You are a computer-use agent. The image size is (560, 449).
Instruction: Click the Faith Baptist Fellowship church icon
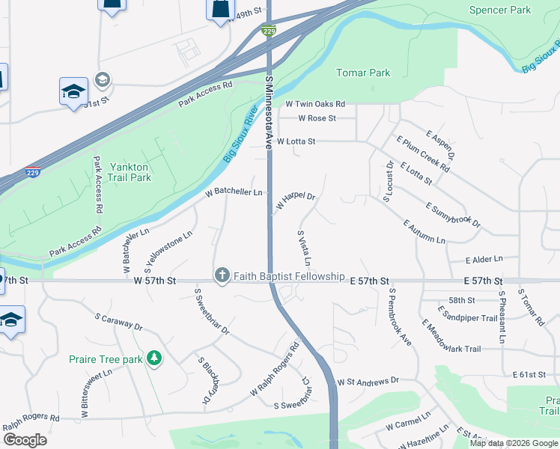coord(222,276)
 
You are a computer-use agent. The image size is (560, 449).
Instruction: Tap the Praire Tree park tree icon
coord(154,359)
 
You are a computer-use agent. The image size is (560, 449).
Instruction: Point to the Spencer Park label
coord(499,10)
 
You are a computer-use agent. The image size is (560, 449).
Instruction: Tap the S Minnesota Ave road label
coord(269,112)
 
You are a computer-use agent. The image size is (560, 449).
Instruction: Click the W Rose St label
coord(317,118)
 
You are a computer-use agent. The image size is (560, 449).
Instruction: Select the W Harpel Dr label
coord(296,201)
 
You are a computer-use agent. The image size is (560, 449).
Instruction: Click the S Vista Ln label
coord(304,249)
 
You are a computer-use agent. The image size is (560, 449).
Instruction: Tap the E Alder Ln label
coord(484,260)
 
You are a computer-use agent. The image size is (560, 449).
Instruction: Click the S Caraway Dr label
coord(118,322)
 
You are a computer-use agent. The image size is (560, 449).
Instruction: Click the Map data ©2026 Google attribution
coord(514,443)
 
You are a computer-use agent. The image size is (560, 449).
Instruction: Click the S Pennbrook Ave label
coord(400,317)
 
